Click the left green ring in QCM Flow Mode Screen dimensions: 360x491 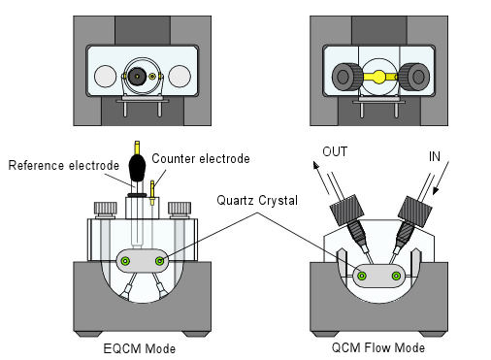point(362,277)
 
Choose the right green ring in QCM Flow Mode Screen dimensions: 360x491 point(395,277)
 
